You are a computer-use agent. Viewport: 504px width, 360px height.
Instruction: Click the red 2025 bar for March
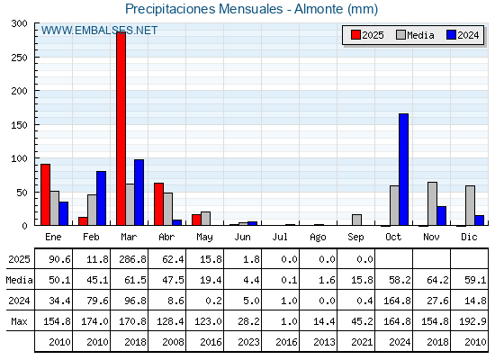tap(121, 129)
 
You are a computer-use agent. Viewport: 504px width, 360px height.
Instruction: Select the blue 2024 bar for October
tap(404, 169)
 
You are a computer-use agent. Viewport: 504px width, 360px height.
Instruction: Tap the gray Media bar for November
tap(432, 203)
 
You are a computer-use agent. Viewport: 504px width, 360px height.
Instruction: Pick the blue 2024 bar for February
tap(101, 198)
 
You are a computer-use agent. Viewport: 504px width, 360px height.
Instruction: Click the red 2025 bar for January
tap(46, 194)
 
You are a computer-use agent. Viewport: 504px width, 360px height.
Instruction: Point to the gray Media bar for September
tap(356, 220)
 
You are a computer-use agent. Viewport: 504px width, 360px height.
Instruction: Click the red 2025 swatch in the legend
tap(355, 35)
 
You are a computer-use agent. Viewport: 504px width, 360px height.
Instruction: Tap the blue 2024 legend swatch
tap(451, 35)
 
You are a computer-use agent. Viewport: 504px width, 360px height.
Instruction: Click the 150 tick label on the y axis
tap(19, 125)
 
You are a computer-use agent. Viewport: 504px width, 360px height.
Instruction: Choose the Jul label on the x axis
tap(280, 237)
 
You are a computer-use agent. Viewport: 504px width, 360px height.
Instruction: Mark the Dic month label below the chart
tap(469, 237)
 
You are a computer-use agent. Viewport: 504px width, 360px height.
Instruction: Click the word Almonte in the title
tap(319, 9)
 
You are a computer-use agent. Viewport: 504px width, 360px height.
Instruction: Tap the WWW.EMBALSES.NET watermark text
tap(99, 31)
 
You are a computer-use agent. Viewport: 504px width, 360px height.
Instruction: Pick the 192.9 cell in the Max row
tap(472, 321)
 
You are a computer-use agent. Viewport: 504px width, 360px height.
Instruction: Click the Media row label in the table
tap(19, 280)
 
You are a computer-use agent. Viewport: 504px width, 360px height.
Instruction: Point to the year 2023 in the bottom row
tap(248, 342)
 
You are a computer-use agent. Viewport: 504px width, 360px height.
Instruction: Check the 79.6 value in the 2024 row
tap(97, 301)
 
